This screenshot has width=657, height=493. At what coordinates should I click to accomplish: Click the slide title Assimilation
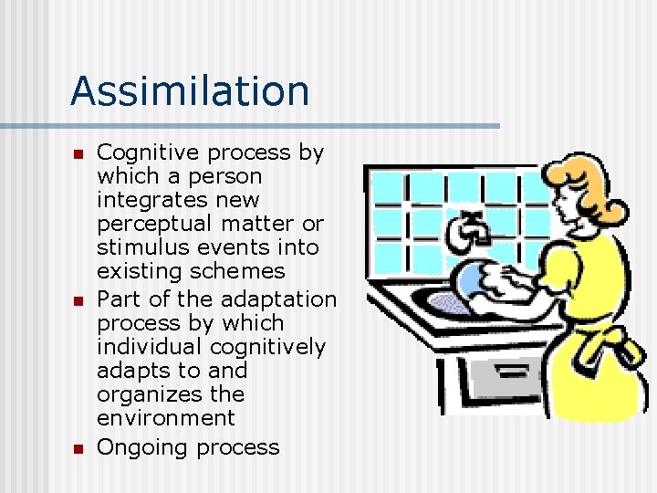tap(190, 91)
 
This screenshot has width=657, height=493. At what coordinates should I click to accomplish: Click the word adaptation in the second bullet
tap(276, 299)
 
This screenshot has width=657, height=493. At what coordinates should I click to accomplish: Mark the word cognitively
tap(267, 347)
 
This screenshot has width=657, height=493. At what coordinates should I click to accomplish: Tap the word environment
tap(165, 418)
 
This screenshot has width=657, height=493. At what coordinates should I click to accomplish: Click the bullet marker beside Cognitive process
tap(78, 153)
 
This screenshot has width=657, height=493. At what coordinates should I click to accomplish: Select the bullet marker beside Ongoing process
tap(78, 448)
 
